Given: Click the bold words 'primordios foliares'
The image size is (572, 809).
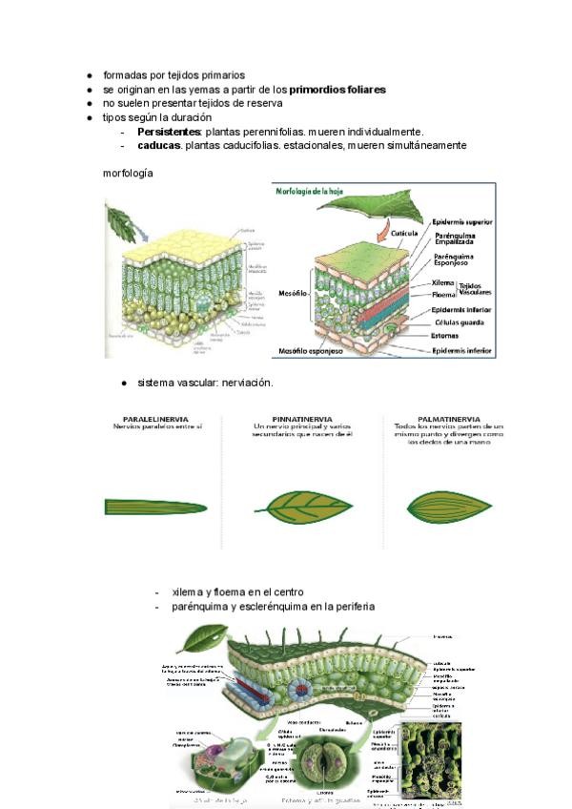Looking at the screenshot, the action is pos(337,90).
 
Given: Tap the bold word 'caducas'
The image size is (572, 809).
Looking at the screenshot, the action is pos(158,146).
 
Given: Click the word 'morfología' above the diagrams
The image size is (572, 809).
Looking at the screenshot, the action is pos(128,174).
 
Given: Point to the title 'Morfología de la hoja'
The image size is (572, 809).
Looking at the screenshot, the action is pos(314,191).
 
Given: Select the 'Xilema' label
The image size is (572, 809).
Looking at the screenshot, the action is pos(442,282).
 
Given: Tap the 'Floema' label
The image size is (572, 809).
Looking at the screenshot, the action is pos(442,295).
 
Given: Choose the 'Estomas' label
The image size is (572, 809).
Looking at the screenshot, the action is pos(446,335).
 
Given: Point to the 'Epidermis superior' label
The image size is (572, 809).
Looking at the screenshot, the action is pos(461,220).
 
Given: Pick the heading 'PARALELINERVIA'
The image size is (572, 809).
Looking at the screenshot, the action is pos(155,418).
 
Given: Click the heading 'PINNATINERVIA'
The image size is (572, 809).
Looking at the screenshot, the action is pos(296,418).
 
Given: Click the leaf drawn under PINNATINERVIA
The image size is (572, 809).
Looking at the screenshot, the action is pos(296,504).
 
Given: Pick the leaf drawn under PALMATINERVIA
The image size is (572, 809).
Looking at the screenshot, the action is pos(448,505).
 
